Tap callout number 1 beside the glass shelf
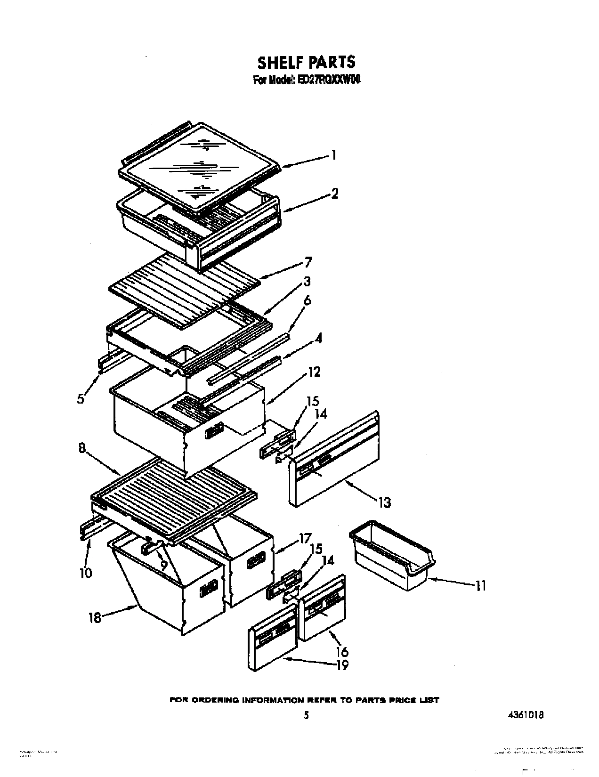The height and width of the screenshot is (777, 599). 333,155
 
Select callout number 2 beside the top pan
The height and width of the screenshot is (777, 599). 334,193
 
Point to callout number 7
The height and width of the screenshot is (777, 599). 308,262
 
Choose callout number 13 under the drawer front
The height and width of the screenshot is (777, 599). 385,503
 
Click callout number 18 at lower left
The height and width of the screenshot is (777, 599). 95,617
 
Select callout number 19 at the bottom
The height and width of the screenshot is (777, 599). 343,665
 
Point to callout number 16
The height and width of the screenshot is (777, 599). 342,651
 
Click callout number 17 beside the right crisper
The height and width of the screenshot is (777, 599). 305,537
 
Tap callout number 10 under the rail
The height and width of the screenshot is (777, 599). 86,573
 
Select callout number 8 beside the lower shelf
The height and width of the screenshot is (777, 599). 82,449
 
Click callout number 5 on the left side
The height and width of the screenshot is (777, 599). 81,399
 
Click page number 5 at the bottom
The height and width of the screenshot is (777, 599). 306,715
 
